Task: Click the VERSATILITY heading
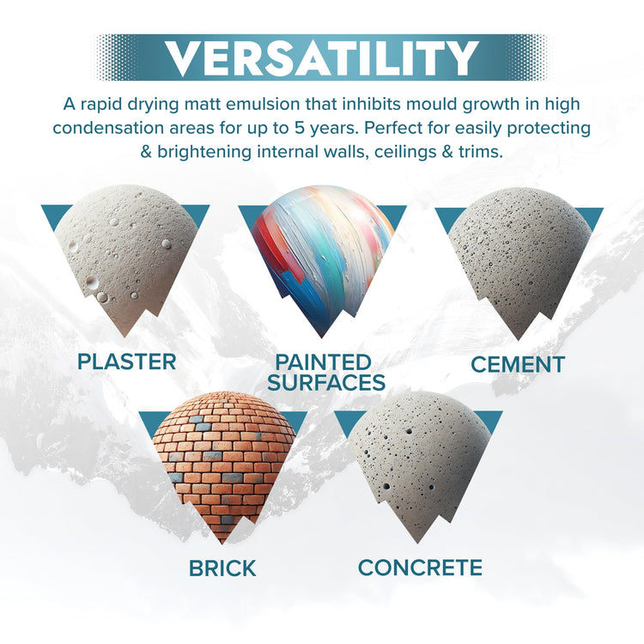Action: pyautogui.click(x=322, y=58)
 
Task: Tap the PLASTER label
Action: pyautogui.click(x=126, y=361)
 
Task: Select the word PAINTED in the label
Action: pyautogui.click(x=323, y=361)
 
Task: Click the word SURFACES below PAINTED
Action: pyautogui.click(x=325, y=382)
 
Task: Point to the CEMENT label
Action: pyautogui.click(x=517, y=364)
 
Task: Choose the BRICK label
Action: pyautogui.click(x=223, y=568)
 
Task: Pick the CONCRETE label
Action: pyautogui.click(x=420, y=568)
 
